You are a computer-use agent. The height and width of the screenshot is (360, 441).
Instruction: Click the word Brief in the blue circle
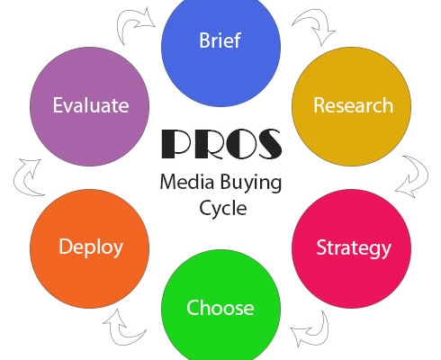pyautogui.click(x=220, y=40)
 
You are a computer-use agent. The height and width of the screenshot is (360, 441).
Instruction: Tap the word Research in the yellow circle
pyautogui.click(x=353, y=105)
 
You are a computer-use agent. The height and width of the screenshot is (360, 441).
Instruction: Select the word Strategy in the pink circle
pyautogui.click(x=354, y=248)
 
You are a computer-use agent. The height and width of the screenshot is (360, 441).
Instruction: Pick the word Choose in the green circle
pyautogui.click(x=220, y=308)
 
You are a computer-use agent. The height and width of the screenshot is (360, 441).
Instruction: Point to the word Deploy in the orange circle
pyautogui.click(x=91, y=247)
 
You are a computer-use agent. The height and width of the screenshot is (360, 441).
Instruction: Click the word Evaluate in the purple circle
pyautogui.click(x=91, y=105)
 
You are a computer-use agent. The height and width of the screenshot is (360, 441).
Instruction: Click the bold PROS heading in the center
pyautogui.click(x=221, y=144)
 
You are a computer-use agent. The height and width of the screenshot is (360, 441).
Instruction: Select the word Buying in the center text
pyautogui.click(x=251, y=183)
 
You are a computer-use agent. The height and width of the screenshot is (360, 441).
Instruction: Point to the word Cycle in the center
pyautogui.click(x=223, y=209)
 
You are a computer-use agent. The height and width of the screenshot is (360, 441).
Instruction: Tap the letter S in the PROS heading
pyautogui.click(x=267, y=144)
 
